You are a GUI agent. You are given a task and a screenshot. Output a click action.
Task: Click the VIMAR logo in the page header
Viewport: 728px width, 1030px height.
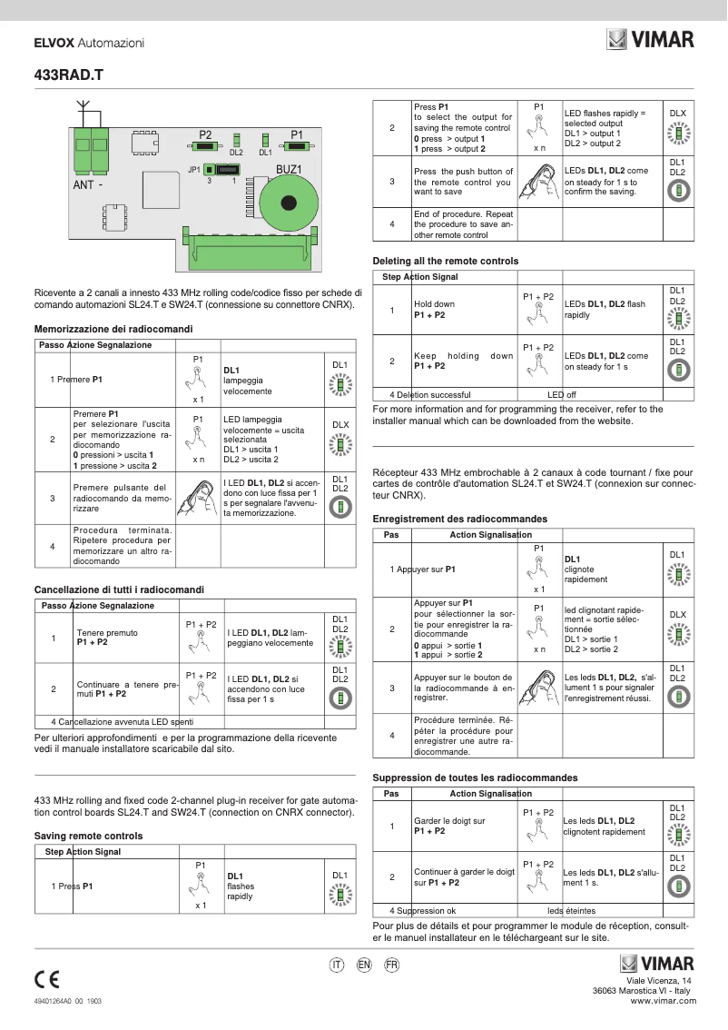click(650, 40)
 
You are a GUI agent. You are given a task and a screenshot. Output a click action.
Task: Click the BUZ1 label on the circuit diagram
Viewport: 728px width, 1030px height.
click(289, 169)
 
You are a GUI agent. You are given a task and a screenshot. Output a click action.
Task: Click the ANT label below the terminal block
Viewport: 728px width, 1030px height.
click(84, 184)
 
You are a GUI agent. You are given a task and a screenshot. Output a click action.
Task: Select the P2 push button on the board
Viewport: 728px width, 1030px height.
click(205, 145)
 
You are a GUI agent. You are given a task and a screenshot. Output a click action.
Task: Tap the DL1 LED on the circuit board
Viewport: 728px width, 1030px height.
click(265, 140)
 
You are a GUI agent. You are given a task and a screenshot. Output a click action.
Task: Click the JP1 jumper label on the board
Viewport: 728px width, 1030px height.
click(194, 170)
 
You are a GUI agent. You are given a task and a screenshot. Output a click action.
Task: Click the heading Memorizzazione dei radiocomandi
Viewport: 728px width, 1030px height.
click(113, 329)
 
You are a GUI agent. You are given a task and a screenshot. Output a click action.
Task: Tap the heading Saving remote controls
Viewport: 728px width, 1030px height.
click(88, 836)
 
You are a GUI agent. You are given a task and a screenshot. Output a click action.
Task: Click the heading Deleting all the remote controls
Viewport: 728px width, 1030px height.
click(446, 261)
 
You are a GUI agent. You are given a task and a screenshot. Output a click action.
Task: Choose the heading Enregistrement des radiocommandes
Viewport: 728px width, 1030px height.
click(460, 519)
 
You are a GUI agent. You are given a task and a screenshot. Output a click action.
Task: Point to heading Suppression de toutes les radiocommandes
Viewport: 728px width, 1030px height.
click(475, 778)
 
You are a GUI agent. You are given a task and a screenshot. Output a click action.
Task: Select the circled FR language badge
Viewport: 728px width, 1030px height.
click(391, 965)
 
